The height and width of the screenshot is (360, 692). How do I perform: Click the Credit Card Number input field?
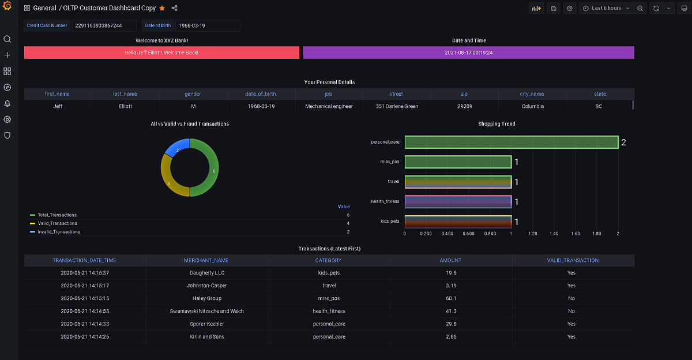pos(104,25)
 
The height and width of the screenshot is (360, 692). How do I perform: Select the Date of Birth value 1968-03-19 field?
pos(207,25)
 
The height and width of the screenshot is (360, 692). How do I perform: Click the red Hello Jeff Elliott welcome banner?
pos(162,52)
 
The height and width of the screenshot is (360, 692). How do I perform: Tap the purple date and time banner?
pos(468,52)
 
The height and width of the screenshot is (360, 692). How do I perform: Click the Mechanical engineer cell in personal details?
pos(329,106)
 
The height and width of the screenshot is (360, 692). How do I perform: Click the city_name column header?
pos(532,93)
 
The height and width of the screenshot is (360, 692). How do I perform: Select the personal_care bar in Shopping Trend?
pos(511,142)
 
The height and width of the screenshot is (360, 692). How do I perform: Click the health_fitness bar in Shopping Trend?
pos(458,201)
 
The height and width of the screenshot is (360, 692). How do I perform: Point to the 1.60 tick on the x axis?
pos(575,234)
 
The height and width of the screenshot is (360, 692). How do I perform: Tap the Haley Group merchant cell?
pos(206,298)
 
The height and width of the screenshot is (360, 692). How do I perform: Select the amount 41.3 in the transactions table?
pos(450,311)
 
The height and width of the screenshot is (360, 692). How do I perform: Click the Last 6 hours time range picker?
pos(605,8)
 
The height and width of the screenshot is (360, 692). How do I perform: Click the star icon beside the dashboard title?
pos(162,8)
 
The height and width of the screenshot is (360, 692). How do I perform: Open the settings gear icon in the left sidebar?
pos(7,119)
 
